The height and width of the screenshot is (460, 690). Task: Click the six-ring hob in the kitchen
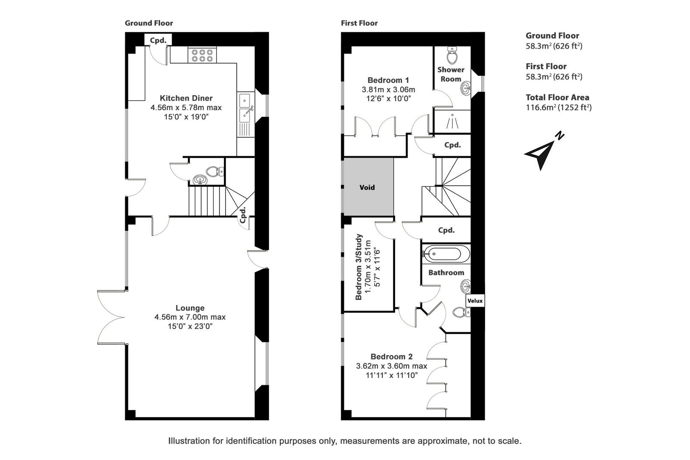click(x=202, y=55)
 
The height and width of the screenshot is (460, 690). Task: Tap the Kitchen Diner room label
click(x=186, y=98)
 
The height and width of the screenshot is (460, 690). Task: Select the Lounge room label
click(x=190, y=308)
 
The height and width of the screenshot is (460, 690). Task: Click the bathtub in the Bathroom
click(x=446, y=254)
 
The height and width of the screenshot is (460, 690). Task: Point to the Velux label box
click(x=475, y=301)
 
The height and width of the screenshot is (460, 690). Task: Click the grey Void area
click(x=368, y=187)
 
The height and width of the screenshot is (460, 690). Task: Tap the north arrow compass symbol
click(x=543, y=151)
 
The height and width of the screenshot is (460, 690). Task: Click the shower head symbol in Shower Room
click(x=452, y=121)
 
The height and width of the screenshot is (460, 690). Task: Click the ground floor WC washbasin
click(x=199, y=180)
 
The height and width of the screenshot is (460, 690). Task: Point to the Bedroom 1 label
click(x=388, y=80)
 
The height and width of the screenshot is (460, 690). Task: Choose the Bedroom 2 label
click(x=392, y=356)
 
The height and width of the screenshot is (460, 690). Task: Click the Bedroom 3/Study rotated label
click(x=358, y=267)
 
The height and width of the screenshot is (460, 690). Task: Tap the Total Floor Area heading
click(x=557, y=98)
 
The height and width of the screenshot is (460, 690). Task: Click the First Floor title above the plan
click(x=359, y=23)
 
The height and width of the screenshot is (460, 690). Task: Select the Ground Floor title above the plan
click(x=149, y=23)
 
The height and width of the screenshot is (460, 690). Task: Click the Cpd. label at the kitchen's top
click(x=158, y=41)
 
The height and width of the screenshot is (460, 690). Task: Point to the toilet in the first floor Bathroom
click(x=461, y=312)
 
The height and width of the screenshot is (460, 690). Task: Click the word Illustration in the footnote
click(x=189, y=441)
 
